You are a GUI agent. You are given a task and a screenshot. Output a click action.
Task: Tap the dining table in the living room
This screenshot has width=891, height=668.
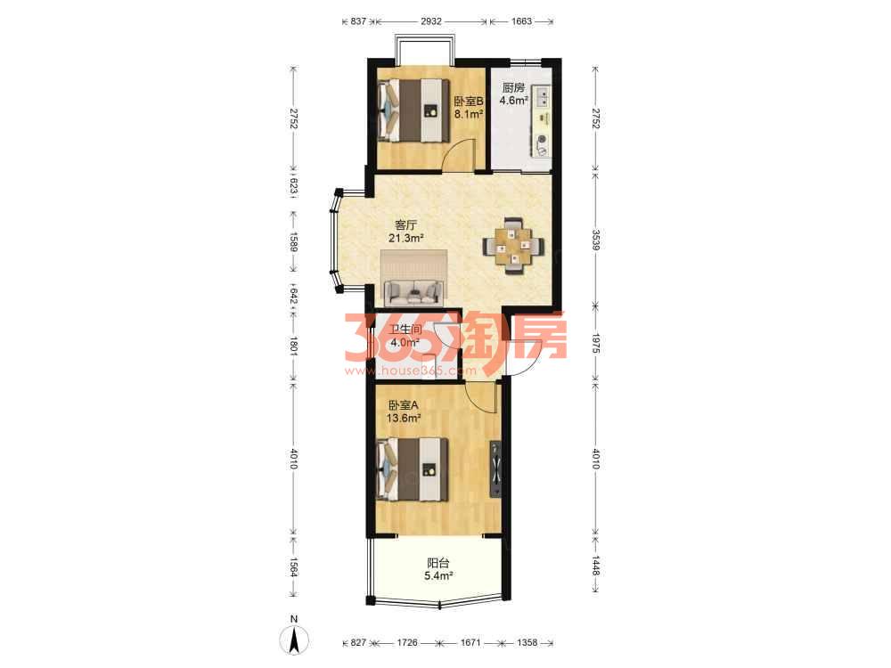pos(513,246)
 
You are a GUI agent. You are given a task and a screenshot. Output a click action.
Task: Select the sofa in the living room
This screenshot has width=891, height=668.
pos(414,293)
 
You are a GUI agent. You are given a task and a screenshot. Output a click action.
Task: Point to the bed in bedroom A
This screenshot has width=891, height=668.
pos(413,469)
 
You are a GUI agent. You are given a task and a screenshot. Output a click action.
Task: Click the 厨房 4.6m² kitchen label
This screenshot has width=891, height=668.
pos(514,94)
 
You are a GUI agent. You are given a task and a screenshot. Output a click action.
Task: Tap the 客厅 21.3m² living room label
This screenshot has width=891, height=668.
pos(406,232)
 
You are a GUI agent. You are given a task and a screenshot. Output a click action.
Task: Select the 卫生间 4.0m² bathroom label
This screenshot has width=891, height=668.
pos(405,336)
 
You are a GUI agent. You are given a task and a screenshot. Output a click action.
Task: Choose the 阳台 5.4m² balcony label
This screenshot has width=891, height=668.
pos(438,569)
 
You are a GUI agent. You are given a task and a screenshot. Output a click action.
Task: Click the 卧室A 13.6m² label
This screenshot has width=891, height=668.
pos(404,411)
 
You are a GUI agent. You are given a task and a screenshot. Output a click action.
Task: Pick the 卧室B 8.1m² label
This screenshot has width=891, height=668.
pos(469,107)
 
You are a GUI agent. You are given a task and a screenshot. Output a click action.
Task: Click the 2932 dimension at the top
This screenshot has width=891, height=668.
pos(431,21)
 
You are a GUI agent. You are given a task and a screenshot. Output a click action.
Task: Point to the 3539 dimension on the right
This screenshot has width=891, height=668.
pos(595,240)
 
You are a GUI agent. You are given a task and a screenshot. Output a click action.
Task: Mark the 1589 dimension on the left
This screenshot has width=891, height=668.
pos(293,240)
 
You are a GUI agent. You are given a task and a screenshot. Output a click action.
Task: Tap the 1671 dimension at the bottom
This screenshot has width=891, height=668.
pos(470,642)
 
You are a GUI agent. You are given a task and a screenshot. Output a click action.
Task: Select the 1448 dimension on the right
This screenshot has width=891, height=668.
pos(595,566)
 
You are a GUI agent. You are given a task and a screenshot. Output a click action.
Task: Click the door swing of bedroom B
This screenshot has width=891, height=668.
pos(459,154)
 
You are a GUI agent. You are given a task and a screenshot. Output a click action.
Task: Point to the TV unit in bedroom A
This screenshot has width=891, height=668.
pos(495,469)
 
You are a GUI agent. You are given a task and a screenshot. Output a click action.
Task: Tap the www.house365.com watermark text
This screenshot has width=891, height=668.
pos(410,371)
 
